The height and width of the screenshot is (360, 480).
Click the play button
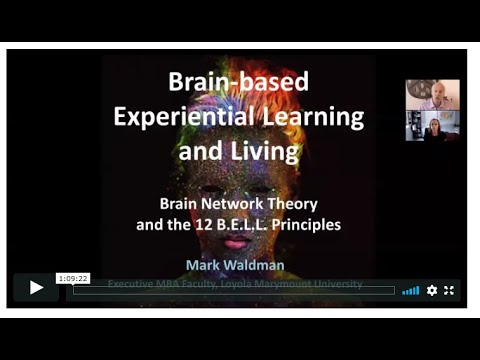pyautogui.click(x=36, y=288)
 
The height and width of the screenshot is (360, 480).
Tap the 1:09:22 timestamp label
pyautogui.click(x=73, y=279)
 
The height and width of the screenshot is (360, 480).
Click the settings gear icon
pyautogui.click(x=432, y=290)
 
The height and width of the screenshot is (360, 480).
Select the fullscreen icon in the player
pyautogui.click(x=449, y=290)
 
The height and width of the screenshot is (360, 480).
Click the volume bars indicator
pyautogui.click(x=411, y=290)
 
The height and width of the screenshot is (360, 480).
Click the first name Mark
pyautogui.click(x=205, y=265)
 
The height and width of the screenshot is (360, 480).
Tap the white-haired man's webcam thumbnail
pyautogui.click(x=433, y=95)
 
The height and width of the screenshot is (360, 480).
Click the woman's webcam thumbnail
pyautogui.click(x=433, y=125)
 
